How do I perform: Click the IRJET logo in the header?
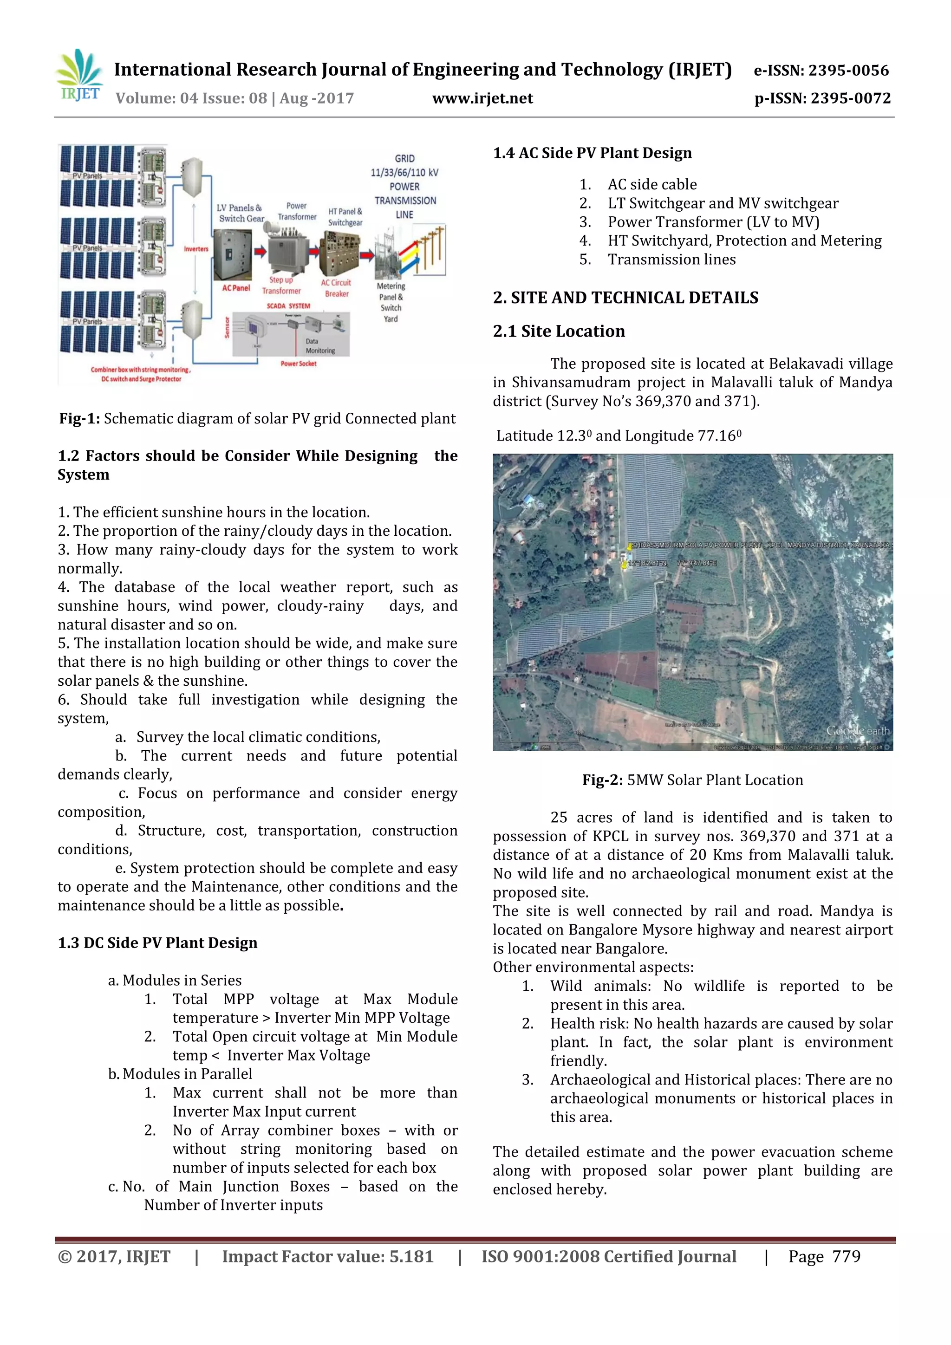pos(79,76)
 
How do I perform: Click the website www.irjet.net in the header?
pos(482,98)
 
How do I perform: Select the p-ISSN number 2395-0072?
pos(850,98)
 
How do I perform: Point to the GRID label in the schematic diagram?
pos(404,158)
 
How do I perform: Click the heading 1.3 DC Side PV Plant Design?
pos(157,942)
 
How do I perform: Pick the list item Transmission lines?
pos(671,260)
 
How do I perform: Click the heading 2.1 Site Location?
pos(559,331)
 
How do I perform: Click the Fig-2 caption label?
pos(602,780)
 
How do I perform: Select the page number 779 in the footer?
pos(846,1256)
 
